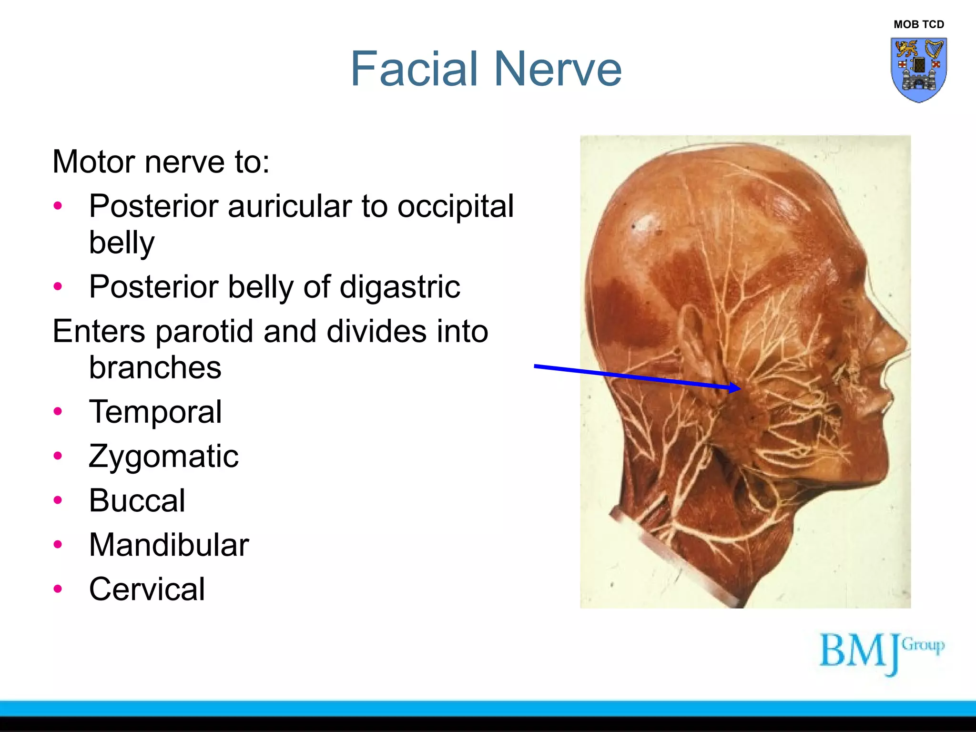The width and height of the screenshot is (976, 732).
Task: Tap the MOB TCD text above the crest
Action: (x=918, y=24)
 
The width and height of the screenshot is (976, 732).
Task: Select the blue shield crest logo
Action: (x=918, y=70)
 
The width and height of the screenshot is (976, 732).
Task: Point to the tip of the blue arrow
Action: (x=740, y=388)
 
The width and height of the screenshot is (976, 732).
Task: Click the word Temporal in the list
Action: (x=155, y=411)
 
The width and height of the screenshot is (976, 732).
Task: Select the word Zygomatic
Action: (x=163, y=456)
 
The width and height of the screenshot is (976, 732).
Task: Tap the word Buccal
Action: (x=137, y=500)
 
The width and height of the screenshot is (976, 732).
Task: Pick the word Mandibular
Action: (x=169, y=545)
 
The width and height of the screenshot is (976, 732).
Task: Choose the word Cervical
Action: (x=147, y=589)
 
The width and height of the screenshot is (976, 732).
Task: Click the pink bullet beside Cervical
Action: (x=58, y=589)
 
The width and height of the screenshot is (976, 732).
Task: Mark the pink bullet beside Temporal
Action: (x=58, y=411)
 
